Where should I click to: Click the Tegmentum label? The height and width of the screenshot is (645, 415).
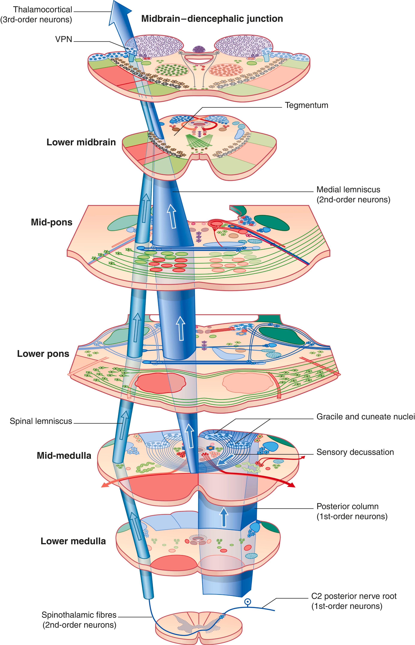click(306, 105)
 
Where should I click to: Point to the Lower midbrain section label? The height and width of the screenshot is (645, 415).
click(81, 142)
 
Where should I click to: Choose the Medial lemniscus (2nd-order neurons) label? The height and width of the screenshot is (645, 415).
click(353, 194)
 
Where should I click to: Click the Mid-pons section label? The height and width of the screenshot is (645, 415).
click(52, 222)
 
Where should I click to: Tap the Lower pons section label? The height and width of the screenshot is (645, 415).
click(43, 354)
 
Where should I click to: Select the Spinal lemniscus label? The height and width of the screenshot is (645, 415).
click(41, 421)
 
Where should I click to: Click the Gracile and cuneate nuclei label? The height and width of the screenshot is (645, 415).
click(365, 417)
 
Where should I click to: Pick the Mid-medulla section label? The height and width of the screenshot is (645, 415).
click(64, 456)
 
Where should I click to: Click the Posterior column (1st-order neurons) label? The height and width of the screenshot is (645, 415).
click(352, 511)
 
